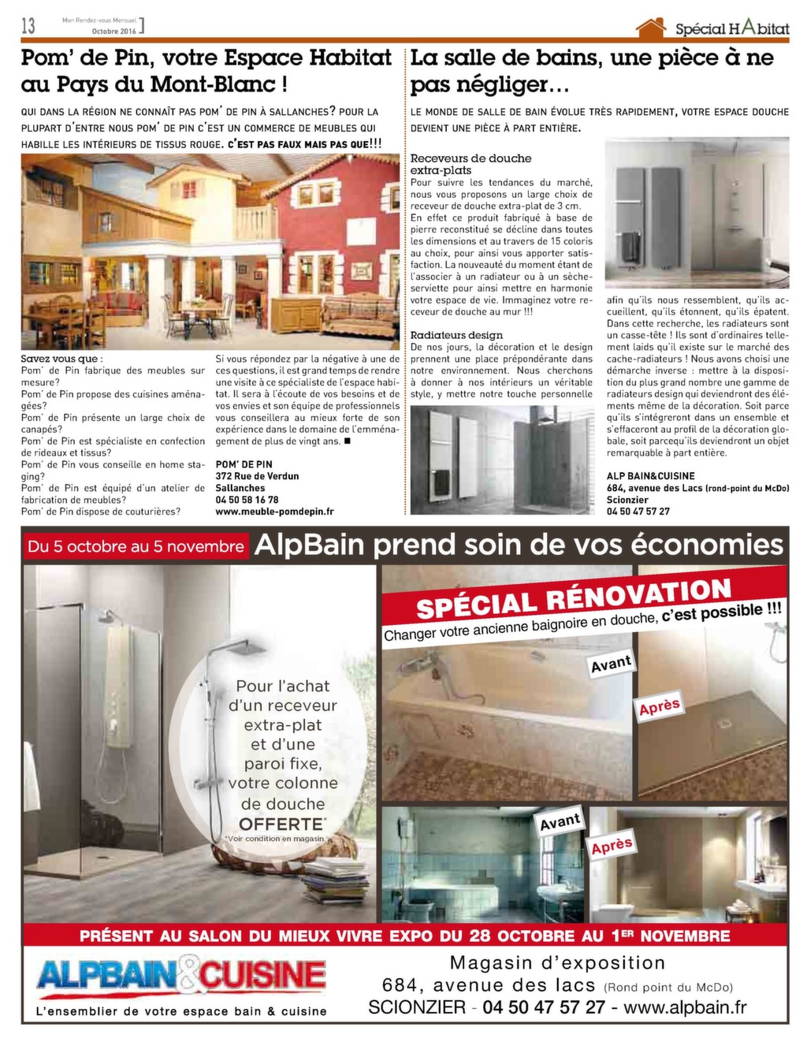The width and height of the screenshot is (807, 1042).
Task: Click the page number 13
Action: [x=28, y=25]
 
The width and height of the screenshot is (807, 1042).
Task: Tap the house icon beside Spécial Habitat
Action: [x=651, y=28]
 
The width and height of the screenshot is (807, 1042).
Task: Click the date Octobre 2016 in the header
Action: [x=114, y=32]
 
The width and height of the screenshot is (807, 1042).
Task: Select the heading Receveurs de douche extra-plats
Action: [x=470, y=164]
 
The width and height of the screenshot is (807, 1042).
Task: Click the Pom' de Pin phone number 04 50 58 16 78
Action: [x=247, y=500]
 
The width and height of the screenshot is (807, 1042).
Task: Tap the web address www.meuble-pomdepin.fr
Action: [x=274, y=512]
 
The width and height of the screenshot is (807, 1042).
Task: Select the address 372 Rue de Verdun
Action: [x=257, y=476]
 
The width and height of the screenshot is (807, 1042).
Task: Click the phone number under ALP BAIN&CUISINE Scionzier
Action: [x=638, y=512]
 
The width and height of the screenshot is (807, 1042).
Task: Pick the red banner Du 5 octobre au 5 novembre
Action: [x=136, y=546]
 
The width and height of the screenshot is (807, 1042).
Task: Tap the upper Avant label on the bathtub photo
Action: [x=611, y=664]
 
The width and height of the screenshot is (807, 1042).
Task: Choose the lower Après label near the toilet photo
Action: [x=612, y=847]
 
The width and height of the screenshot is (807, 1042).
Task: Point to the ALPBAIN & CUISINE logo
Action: [x=181, y=976]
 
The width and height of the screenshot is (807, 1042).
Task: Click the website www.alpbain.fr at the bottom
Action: [x=685, y=1007]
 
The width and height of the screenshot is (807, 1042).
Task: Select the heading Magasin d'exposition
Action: [x=557, y=962]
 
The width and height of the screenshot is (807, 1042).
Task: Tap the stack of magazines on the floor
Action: [x=336, y=880]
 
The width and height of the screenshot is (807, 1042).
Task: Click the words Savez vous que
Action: [x=61, y=359]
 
